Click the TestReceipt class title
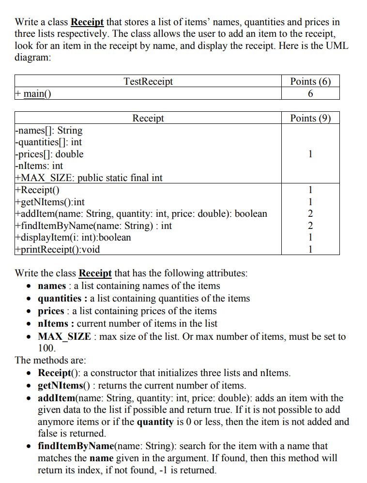[148, 81]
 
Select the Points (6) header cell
[310, 81]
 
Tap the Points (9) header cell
[310, 118]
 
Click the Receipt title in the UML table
[148, 118]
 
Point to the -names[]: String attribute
[49, 130]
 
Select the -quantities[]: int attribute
[48, 142]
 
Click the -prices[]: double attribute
[49, 154]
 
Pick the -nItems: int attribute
[39, 166]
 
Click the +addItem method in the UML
[141, 213]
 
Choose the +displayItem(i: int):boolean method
[73, 237]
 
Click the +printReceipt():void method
[58, 249]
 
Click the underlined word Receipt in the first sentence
[87, 22]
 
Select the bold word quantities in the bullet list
[60, 298]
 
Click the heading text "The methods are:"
[50, 360]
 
